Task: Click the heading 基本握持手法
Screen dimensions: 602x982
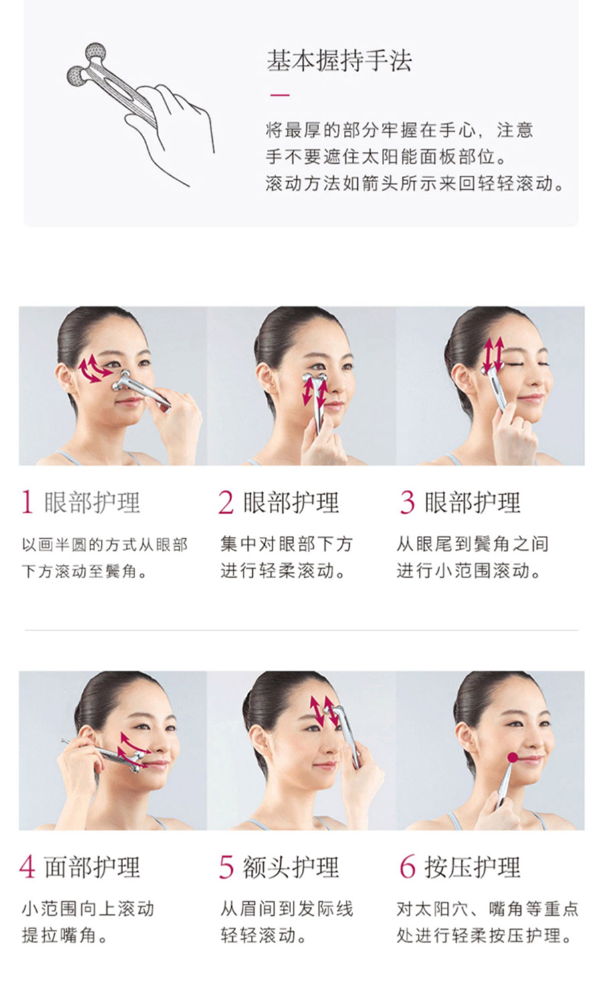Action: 339,61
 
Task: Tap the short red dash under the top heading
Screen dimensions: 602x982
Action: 280,95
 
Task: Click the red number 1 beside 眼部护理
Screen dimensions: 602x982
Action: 27,502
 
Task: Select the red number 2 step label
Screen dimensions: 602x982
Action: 226,502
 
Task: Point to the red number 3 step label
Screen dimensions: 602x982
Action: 407,502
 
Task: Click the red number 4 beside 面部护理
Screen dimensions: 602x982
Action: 27,867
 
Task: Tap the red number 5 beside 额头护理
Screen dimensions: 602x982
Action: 226,867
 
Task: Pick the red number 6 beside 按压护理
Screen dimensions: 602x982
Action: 407,867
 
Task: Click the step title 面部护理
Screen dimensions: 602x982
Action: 92,867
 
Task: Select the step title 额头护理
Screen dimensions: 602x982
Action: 291,867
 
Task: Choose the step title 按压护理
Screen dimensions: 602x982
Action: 472,867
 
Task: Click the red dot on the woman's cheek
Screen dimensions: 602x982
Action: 512,757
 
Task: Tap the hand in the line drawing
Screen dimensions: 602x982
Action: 175,127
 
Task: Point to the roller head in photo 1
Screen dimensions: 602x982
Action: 122,381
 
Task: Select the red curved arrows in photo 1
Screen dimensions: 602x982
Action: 95,369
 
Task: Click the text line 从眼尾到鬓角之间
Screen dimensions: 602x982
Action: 472,544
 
